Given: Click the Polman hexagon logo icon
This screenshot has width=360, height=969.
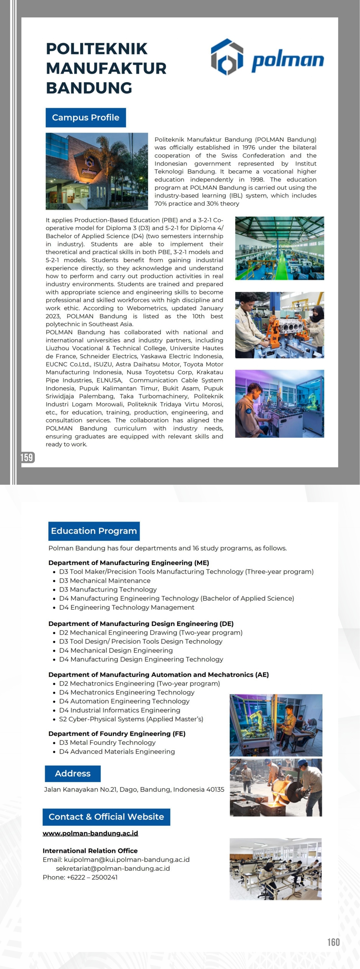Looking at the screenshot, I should [227, 57].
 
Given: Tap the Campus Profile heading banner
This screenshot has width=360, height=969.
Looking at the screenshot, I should [86, 118].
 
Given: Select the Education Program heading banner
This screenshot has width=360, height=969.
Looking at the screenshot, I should [94, 531].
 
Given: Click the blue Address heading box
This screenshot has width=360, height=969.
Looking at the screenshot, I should [73, 774].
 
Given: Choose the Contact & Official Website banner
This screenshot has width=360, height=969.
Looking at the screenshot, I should [106, 817].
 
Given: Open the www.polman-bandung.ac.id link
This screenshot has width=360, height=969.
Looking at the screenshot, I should [90, 833].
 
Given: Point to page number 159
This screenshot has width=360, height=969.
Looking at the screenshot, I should [27, 458].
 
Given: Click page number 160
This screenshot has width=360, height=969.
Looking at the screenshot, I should [333, 942].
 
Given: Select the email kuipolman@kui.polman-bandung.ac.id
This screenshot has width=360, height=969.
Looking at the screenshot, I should [127, 860].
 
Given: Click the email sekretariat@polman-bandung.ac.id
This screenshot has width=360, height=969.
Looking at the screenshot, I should [113, 868].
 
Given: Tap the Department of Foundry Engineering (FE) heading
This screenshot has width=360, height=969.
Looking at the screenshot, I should [117, 734].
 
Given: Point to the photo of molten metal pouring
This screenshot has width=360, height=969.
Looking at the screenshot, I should [276, 787].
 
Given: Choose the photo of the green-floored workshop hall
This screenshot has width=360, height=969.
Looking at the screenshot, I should [279, 248].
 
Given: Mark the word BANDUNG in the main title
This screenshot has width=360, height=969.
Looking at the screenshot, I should [89, 88].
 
